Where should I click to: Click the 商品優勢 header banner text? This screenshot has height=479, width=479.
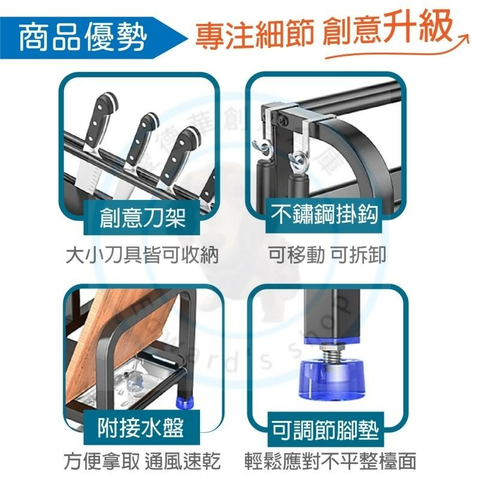click(x=83, y=37)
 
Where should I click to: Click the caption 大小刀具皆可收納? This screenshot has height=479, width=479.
click(x=142, y=256)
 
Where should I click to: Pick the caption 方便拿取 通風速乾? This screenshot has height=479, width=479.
click(x=142, y=462)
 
